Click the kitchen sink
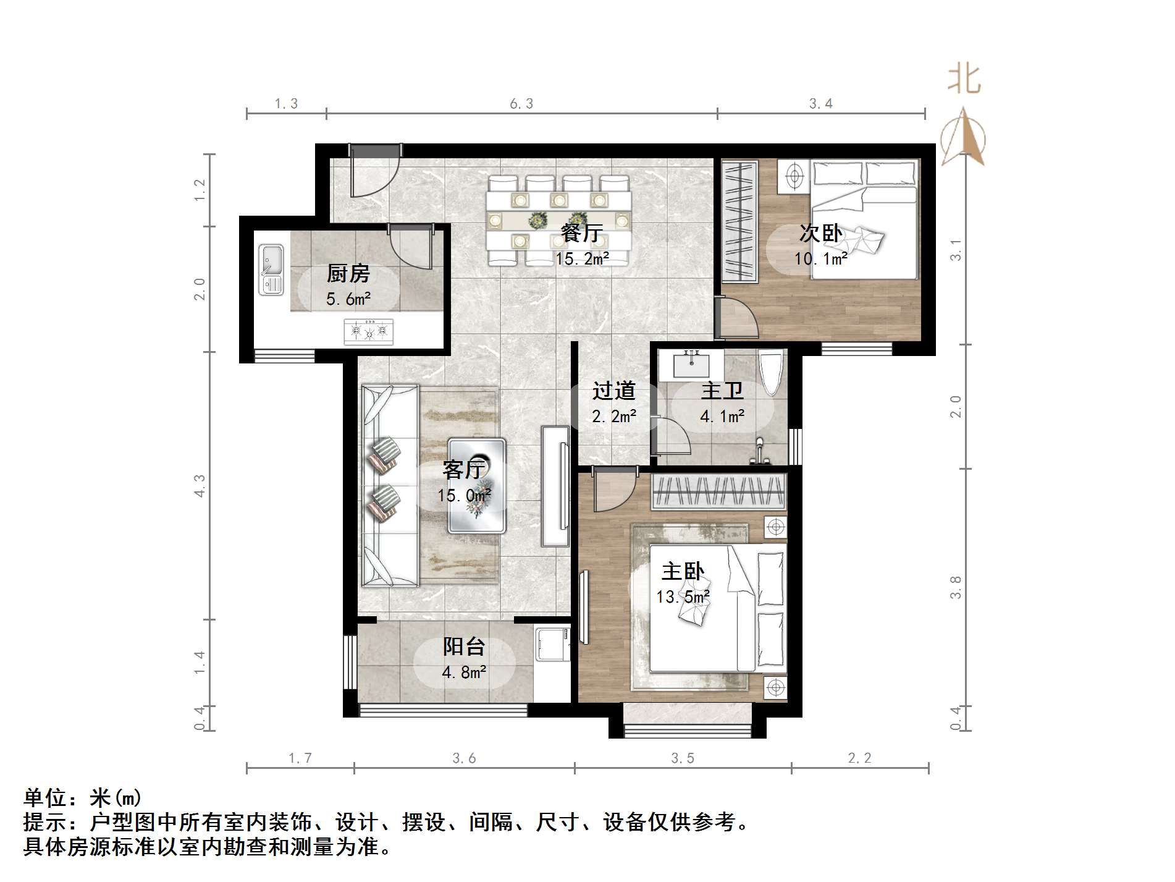pyautogui.click(x=271, y=269)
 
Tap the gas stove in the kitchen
pyautogui.click(x=369, y=331)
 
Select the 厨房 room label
pyautogui.click(x=348, y=273)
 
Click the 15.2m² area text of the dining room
pyautogui.click(x=582, y=259)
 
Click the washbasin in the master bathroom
pyautogui.click(x=691, y=364)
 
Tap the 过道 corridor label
pyautogui.click(x=613, y=391)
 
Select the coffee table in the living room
pyautogui.click(x=476, y=486)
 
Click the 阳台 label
pyautogui.click(x=464, y=647)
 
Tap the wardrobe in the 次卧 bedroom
pyautogui.click(x=740, y=222)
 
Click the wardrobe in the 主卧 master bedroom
pyautogui.click(x=719, y=492)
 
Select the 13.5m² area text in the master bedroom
pyautogui.click(x=683, y=597)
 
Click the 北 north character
pyautogui.click(x=964, y=80)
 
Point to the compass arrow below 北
pyautogui.click(x=964, y=139)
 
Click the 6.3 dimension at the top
pyautogui.click(x=521, y=104)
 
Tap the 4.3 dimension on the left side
pyautogui.click(x=199, y=486)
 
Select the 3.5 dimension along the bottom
pyautogui.click(x=683, y=758)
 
